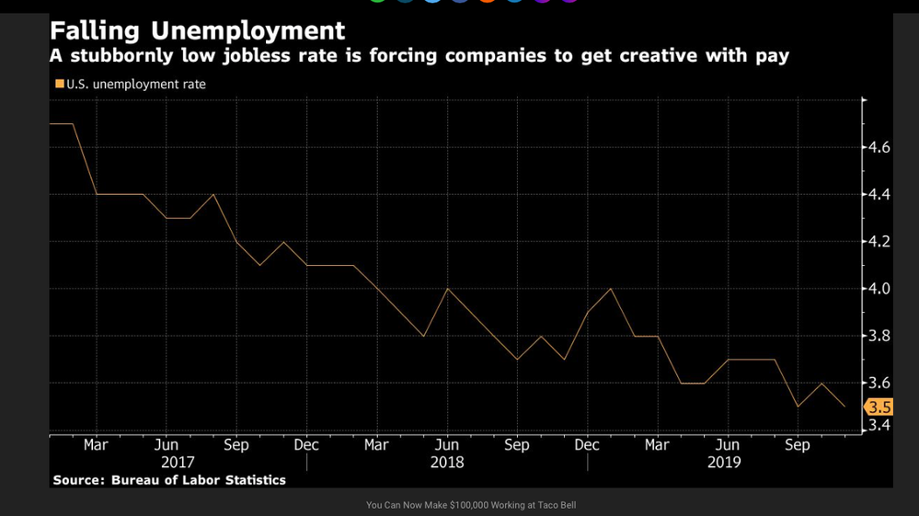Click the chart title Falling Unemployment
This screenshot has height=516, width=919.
point(198,30)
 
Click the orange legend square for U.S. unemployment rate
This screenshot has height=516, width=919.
point(60,85)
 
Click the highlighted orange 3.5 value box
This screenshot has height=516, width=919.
point(879,407)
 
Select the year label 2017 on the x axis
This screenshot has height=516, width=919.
point(178,463)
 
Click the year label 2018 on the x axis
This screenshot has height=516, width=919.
point(447,463)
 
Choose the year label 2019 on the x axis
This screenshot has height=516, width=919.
point(724,463)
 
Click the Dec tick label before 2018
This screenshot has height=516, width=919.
point(306,445)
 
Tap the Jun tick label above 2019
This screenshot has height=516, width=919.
point(728,445)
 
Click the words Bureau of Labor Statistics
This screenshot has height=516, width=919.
point(198,480)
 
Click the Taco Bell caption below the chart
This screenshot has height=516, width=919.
point(471,505)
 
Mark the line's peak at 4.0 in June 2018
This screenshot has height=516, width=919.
point(447,289)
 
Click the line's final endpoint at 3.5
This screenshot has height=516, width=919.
point(844,407)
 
